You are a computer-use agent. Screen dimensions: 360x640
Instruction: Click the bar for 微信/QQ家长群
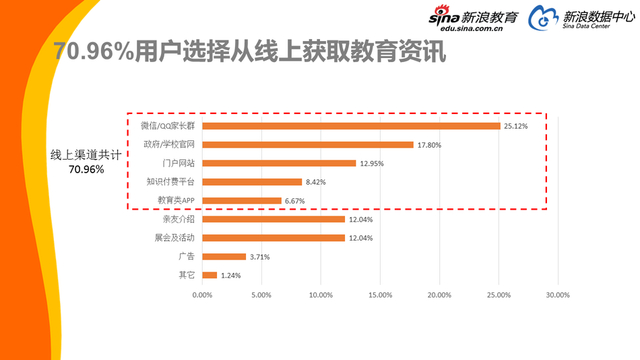coord(350,126)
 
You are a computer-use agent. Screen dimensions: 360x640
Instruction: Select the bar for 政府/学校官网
coord(307,144)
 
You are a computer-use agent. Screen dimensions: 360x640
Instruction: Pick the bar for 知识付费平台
coord(251,182)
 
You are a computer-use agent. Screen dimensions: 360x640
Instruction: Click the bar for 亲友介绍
coord(273,219)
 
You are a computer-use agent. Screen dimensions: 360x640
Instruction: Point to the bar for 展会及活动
coord(273,238)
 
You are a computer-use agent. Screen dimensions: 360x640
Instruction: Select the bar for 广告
coord(223,256)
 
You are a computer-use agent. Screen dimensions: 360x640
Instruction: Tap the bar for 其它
coord(209,275)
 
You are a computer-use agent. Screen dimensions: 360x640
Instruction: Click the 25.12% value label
coord(516,126)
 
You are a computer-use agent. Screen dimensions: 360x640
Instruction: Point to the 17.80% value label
coord(429,144)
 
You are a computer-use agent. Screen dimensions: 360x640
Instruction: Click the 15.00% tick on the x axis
coord(379,295)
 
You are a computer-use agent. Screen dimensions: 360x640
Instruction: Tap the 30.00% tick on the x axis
coord(557,295)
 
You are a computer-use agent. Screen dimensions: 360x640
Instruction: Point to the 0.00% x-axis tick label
coord(202,295)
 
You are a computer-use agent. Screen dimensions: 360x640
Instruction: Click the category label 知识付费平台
coord(172,182)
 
